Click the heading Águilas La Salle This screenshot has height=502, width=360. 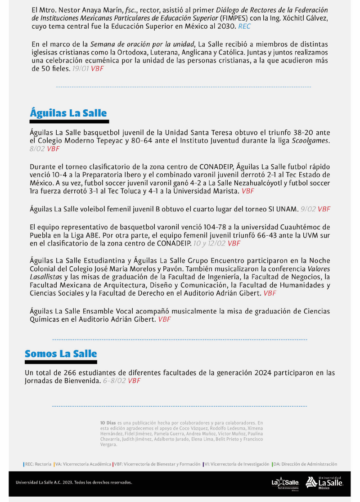68,112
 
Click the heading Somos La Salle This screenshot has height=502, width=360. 61,354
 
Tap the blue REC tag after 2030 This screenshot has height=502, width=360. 244,27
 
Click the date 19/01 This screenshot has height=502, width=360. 81,69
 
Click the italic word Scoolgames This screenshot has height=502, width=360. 310,140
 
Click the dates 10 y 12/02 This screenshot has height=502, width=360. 209,243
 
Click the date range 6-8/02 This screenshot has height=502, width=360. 114,381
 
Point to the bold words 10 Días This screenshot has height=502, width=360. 108,423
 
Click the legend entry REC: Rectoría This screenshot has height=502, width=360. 38,464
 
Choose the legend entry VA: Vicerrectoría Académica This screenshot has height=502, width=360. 83,464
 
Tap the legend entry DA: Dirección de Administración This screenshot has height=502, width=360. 305,464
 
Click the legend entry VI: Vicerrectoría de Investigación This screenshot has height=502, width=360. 237,464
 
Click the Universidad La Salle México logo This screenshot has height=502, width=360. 324,483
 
